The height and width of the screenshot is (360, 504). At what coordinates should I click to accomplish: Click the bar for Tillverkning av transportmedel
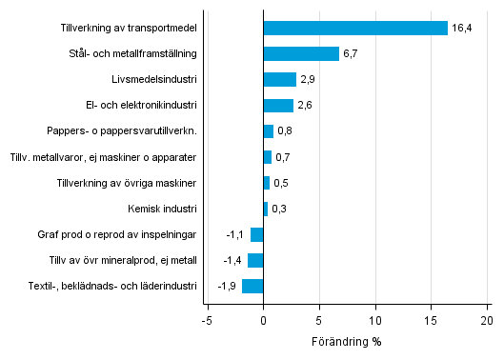pos(355,28)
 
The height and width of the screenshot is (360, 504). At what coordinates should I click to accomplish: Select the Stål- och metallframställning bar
pos(301,53)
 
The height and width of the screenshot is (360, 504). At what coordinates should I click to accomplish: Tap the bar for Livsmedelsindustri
pos(279,79)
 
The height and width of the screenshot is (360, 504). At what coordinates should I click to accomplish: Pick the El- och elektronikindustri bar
pos(278,105)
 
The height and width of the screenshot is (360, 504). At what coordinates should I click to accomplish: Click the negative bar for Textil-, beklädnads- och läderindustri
pos(252,286)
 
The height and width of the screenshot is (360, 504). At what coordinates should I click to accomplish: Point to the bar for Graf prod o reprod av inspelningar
pos(256,234)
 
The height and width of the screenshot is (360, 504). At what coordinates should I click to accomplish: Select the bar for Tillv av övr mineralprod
pos(255,260)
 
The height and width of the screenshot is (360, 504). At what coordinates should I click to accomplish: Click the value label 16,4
pos(462,28)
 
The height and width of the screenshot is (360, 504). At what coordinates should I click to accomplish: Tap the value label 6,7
pos(352,53)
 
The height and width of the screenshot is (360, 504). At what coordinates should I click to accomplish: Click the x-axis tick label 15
pos(431,321)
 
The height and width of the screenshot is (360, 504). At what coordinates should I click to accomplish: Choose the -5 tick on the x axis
pos(206,321)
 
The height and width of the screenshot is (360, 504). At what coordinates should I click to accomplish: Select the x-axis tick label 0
pos(263,321)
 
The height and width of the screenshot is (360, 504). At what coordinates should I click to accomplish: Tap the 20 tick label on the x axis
pos(487,321)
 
